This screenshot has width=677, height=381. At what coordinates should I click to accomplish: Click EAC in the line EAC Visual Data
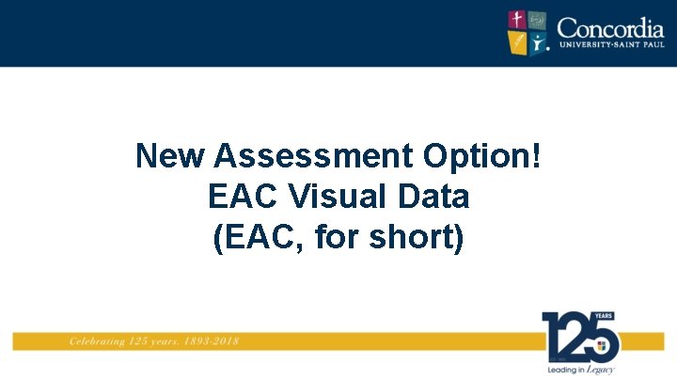[241, 197]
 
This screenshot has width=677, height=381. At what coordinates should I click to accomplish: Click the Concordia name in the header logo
[610, 26]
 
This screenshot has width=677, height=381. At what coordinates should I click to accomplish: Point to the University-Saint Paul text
[610, 45]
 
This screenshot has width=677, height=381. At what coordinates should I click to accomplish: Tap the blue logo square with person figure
[538, 41]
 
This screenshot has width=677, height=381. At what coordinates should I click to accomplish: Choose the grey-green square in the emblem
[538, 20]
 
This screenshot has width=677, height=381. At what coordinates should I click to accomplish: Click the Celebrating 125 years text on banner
[120, 341]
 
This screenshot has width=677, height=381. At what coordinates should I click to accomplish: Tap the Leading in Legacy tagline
[580, 370]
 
